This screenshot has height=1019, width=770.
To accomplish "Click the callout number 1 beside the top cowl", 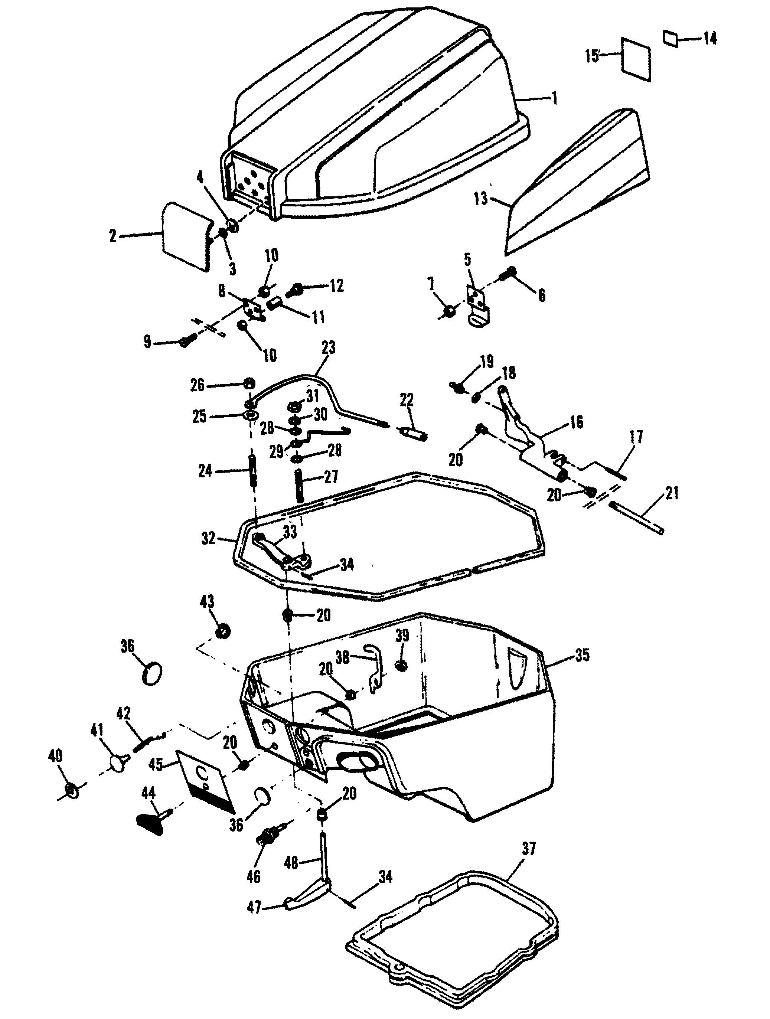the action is click(554, 98).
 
